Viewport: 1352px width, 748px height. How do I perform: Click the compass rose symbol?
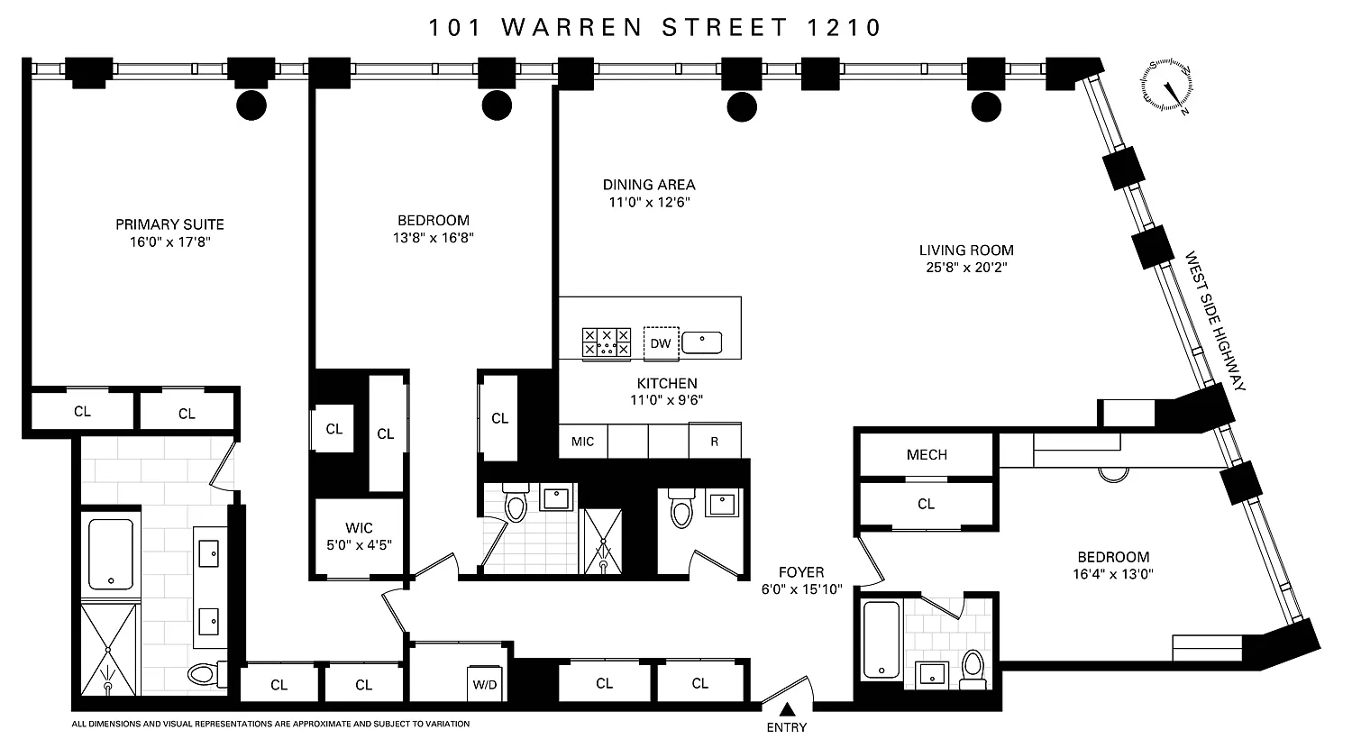click(1166, 85)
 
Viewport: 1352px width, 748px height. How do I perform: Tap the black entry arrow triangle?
click(787, 708)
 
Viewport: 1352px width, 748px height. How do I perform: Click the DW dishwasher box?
click(661, 343)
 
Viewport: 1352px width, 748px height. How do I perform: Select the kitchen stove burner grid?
click(606, 342)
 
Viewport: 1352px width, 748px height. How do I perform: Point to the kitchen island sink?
click(702, 342)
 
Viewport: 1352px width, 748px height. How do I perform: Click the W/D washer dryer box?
click(485, 684)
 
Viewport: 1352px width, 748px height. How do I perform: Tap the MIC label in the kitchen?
click(582, 442)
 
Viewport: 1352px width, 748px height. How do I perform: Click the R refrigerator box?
click(715, 441)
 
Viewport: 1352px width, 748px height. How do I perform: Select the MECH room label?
click(927, 454)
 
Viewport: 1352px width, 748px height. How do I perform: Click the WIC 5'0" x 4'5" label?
click(359, 536)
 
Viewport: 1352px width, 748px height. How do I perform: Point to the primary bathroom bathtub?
click(111, 554)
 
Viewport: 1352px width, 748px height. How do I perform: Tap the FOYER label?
click(801, 571)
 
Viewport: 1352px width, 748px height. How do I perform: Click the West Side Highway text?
click(1215, 321)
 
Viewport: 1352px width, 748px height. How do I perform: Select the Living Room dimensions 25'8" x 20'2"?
click(966, 267)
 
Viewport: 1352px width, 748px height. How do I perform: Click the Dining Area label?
click(649, 184)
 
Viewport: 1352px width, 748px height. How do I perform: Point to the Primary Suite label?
click(169, 224)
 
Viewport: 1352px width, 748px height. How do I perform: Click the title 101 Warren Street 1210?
click(655, 28)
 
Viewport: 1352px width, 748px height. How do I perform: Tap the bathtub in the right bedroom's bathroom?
click(882, 639)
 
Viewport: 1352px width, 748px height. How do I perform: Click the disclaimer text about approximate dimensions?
click(270, 724)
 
